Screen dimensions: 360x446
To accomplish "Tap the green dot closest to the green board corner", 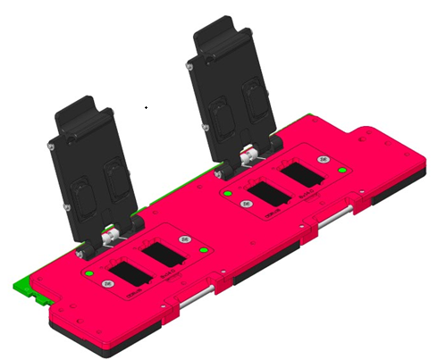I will point(90,268).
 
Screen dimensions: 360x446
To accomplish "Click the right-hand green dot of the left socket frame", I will point(205,252).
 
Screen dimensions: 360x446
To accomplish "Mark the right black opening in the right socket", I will point(302,180).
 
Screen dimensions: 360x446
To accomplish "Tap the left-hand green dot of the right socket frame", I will point(229,194).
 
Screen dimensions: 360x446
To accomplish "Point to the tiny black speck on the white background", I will point(146,107).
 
